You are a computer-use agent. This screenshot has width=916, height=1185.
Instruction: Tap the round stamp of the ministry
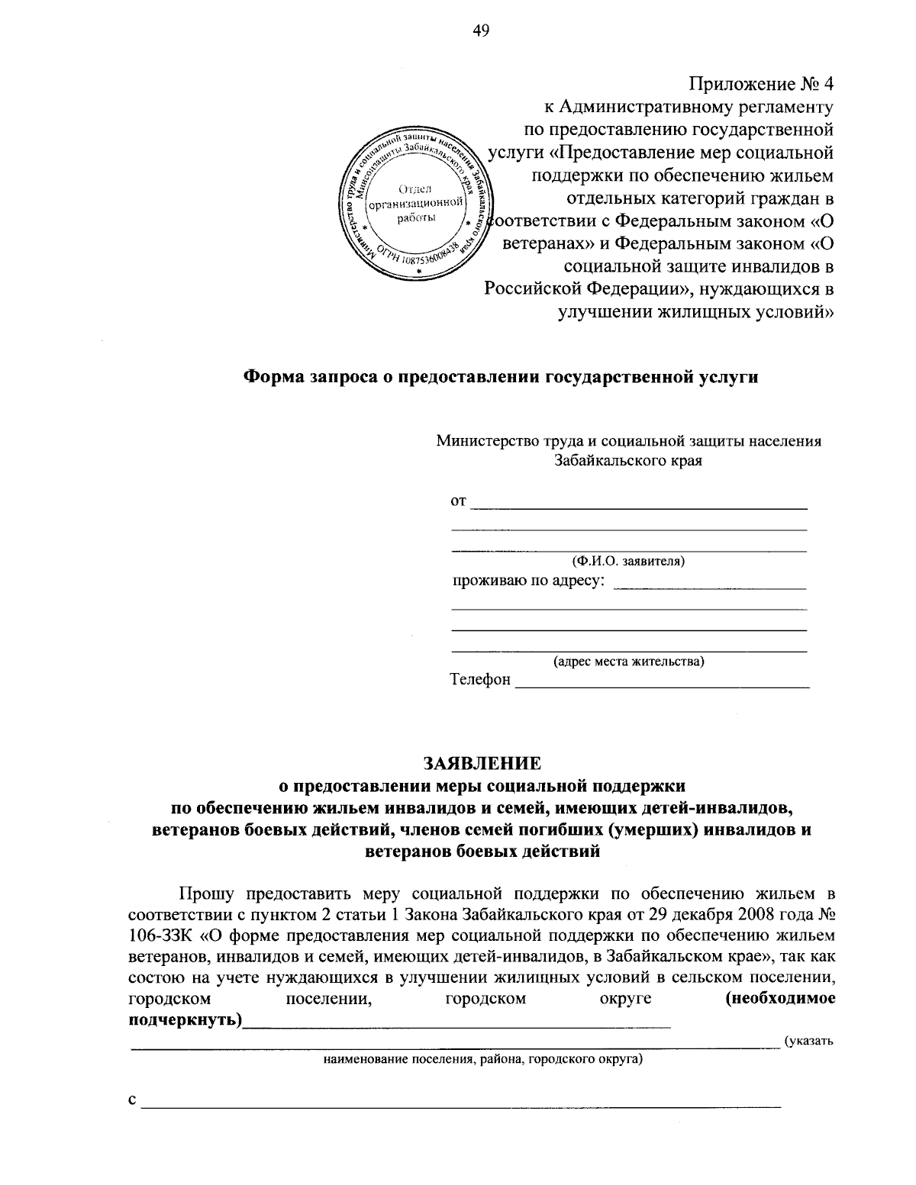[x=414, y=205]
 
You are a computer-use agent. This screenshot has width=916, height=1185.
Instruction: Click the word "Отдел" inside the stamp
[x=414, y=188]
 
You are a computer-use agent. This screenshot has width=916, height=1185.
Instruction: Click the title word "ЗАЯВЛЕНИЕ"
[x=482, y=764]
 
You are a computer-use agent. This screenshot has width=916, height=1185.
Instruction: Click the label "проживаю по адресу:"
[x=529, y=582]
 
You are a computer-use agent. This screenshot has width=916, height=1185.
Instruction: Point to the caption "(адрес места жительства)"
[x=629, y=662]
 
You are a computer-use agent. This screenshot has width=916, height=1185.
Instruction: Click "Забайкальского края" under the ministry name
[x=628, y=461]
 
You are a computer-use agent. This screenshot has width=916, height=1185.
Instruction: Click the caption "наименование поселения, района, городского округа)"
[x=482, y=1059]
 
